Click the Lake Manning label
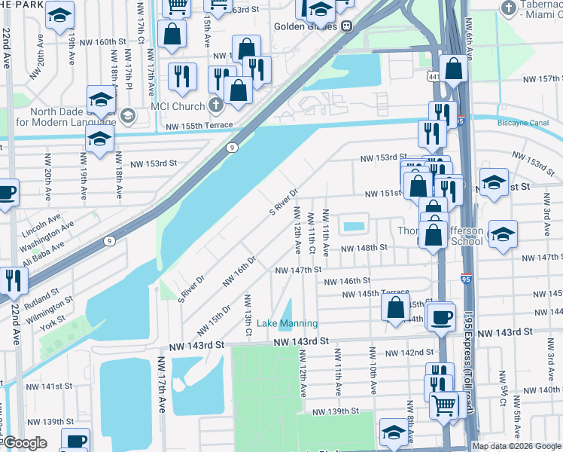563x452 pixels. click(x=288, y=323)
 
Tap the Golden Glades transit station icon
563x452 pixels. click(x=347, y=26)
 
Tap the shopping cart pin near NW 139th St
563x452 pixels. click(x=444, y=405)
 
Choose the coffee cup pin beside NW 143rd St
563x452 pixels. click(x=443, y=316)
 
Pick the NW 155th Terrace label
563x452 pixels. click(x=190, y=125)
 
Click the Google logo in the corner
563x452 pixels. click(x=25, y=444)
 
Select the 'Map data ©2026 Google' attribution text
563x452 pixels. click(x=516, y=446)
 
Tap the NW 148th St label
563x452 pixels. click(x=364, y=247)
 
